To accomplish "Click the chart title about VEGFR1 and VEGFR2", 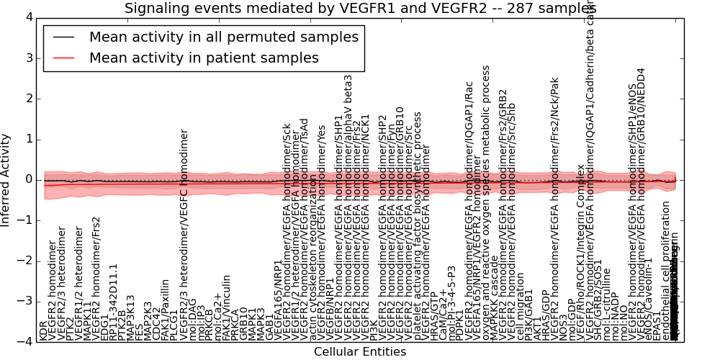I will (360, 9).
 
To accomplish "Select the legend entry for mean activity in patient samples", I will (204, 58).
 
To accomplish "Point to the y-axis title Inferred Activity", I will (6, 180).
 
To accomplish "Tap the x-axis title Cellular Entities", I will (360, 352).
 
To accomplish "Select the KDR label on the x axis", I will (43, 330).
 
